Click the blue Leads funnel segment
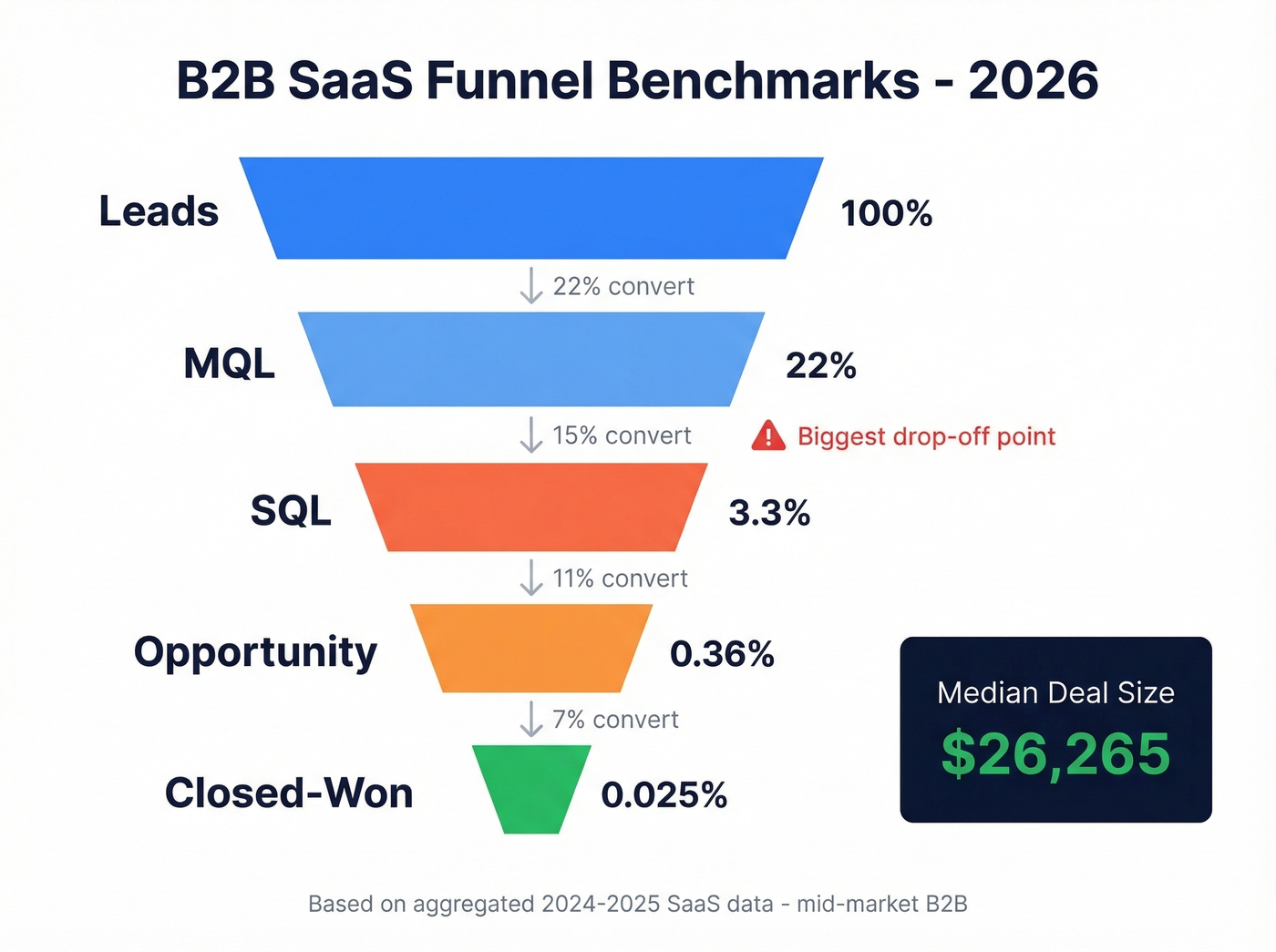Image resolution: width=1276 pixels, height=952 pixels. (531, 208)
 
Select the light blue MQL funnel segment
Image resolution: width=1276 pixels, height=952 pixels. (531, 359)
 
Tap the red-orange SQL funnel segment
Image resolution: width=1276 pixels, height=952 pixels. (531, 507)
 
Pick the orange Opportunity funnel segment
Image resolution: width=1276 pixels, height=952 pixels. (531, 648)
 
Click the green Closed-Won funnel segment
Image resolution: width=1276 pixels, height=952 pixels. (531, 787)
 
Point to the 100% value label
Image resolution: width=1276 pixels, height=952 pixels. (886, 213)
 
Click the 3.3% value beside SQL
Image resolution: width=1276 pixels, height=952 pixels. (769, 513)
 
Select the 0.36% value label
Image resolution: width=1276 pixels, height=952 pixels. (722, 653)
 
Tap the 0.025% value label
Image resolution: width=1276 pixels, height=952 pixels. (664, 794)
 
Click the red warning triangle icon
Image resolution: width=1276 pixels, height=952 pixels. (768, 436)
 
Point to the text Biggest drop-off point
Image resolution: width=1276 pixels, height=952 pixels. (926, 436)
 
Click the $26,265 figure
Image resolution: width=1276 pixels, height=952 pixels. (1055, 754)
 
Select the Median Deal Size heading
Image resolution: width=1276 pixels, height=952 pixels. (1055, 693)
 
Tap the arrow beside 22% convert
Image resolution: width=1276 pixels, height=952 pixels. (530, 285)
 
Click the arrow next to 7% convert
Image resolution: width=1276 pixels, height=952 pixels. (530, 719)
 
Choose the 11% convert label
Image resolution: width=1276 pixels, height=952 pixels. (620, 578)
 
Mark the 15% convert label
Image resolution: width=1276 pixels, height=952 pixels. (622, 435)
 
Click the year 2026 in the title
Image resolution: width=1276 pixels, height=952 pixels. (1033, 80)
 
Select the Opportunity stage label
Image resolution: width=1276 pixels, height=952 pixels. (255, 652)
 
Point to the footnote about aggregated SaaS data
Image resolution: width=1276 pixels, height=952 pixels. (637, 904)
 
